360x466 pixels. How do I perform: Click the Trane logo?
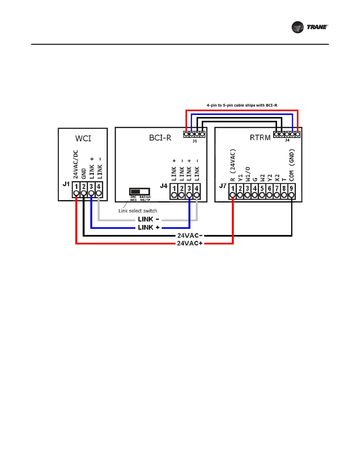(309, 27)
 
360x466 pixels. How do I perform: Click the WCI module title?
(83, 138)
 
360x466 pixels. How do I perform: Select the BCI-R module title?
(160, 138)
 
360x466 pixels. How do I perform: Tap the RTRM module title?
(260, 137)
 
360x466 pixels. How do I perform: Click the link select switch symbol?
(139, 192)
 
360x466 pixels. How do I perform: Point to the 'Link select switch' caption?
(138, 211)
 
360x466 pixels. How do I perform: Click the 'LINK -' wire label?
(149, 219)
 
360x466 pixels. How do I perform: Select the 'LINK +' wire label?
(149, 227)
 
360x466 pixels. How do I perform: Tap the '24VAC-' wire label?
(190, 235)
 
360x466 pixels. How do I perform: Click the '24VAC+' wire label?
(190, 243)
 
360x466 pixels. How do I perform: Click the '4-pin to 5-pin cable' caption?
(242, 105)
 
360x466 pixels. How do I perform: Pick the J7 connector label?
(223, 186)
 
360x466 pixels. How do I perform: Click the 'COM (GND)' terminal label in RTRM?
(291, 165)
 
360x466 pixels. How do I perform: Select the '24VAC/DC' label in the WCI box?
(76, 164)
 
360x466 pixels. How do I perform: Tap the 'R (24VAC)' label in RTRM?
(233, 165)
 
